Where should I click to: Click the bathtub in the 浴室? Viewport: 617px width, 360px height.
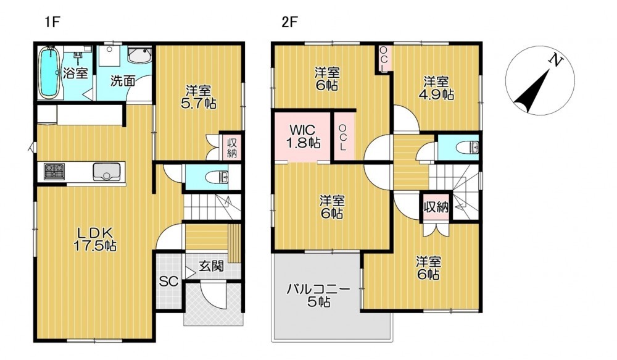tap(49, 72)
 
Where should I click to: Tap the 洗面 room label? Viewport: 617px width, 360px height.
tap(122, 81)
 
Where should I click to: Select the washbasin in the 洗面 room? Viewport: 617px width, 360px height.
tap(139, 56)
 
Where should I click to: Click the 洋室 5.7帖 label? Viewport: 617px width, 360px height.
tap(199, 98)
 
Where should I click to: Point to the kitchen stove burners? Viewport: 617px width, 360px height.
tap(54, 172)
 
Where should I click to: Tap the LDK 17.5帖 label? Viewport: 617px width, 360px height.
tap(95, 239)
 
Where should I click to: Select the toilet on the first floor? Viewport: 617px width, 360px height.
tap(217, 178)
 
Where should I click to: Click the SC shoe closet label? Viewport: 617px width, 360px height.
tap(168, 281)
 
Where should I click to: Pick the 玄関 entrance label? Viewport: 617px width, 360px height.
tap(211, 266)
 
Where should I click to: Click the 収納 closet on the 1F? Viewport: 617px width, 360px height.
tap(232, 148)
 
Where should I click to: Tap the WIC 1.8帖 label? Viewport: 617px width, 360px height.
tap(302, 136)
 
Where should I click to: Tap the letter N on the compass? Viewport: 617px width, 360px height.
tap(556, 61)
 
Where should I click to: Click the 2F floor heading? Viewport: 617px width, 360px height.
tap(289, 22)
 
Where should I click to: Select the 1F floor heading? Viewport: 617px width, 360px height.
tap(52, 22)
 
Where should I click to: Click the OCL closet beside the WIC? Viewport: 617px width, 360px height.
tap(343, 138)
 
